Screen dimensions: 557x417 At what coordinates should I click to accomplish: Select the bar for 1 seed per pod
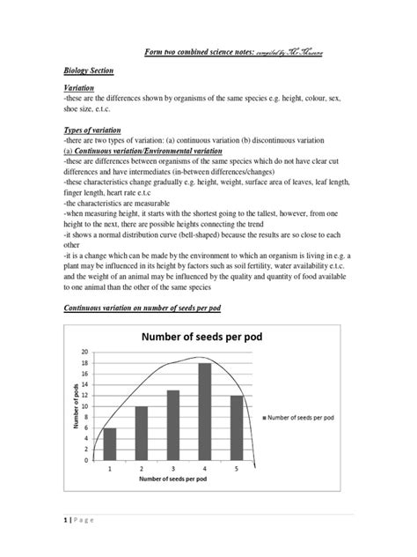coord(110,443)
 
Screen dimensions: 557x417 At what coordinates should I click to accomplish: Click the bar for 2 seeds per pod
coord(142,432)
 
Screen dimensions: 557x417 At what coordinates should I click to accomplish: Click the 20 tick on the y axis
coord(86,351)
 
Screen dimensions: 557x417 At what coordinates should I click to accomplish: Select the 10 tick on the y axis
coord(86,405)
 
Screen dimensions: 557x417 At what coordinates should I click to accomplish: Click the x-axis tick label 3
coord(173,469)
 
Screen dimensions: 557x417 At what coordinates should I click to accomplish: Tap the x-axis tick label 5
coord(236,469)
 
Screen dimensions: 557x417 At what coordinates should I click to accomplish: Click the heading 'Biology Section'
coord(89,70)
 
